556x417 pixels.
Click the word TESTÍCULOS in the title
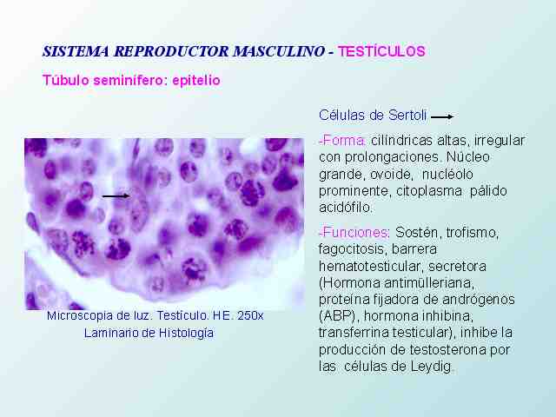[x=381, y=51]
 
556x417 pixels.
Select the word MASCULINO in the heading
[x=278, y=51]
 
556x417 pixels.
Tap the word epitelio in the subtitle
[x=196, y=81]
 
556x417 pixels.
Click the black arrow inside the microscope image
[x=116, y=195]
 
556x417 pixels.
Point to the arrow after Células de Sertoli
[x=442, y=116]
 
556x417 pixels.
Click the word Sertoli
[x=407, y=116]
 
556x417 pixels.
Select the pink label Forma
[x=341, y=141]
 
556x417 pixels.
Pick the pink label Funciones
[x=354, y=233]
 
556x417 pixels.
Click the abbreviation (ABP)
[x=340, y=315]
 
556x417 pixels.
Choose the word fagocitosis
[x=354, y=249]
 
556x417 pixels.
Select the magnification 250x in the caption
[x=250, y=315]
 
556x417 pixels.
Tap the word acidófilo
[x=346, y=207]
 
